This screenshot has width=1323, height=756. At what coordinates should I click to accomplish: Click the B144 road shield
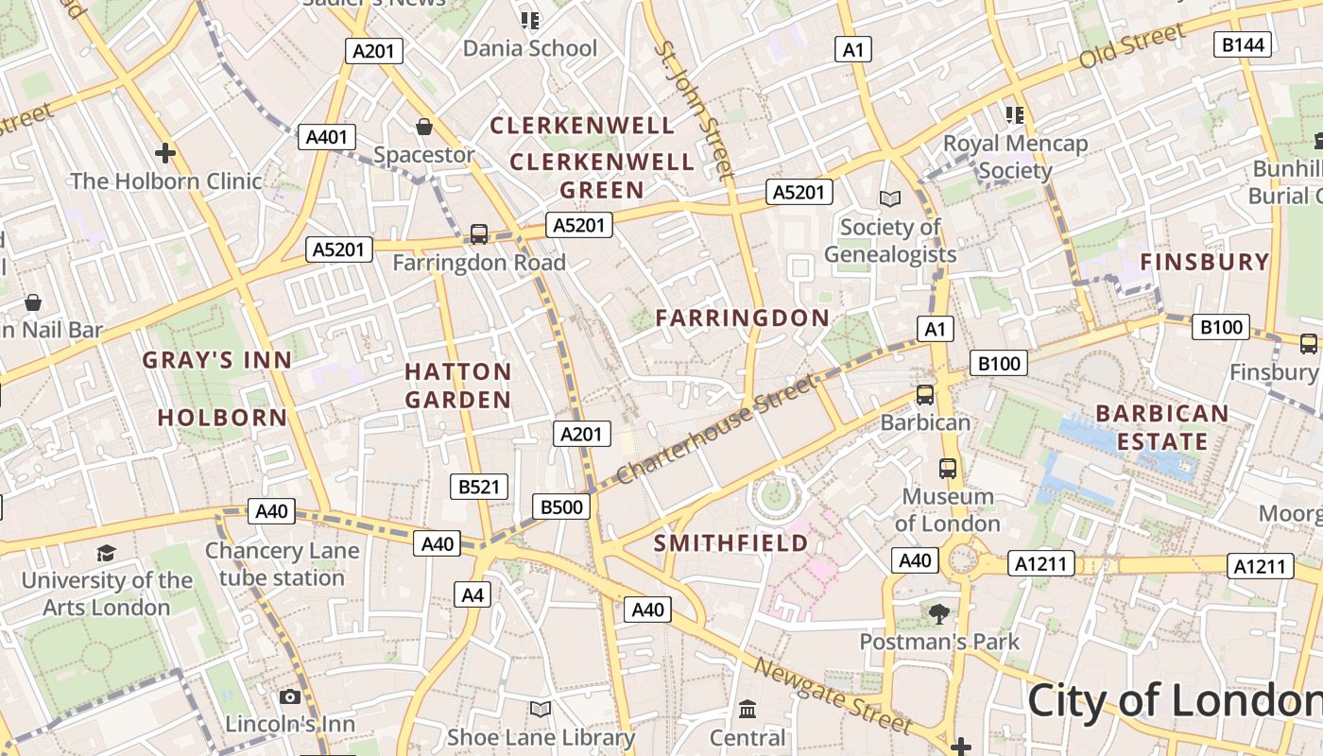pos(1243,44)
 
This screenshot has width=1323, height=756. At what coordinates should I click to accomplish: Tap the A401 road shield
pos(326,137)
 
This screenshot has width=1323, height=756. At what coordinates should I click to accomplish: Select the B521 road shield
pos(478,488)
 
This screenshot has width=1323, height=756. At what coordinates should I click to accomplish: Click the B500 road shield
pos(561,507)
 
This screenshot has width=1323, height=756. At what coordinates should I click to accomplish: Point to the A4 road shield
pos(472,595)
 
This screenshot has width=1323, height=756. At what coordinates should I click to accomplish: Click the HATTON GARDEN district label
pos(458,386)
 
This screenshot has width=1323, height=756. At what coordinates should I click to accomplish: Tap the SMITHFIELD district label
pos(731,543)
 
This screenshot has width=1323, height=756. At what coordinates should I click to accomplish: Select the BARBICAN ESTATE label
pos(1162,428)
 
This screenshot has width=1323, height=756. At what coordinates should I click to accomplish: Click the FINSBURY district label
pos(1205,263)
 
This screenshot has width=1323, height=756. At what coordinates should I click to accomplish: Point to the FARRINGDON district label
pos(743,318)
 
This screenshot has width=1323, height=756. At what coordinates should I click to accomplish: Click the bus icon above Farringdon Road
pos(479,233)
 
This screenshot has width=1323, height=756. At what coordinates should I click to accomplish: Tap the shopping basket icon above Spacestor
pos(424,127)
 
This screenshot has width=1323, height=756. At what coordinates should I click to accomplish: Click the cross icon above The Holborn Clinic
pos(165,152)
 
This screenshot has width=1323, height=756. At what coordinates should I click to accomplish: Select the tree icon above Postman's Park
pos(938,615)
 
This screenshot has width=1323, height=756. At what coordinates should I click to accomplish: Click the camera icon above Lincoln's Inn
pos(290,697)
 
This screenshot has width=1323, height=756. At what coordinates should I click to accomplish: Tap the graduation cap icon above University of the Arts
pos(107,554)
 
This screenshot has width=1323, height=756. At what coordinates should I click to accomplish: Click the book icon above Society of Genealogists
pos(889,198)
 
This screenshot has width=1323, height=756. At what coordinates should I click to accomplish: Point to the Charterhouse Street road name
pos(715,430)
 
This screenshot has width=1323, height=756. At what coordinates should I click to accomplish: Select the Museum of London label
pos(947,510)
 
